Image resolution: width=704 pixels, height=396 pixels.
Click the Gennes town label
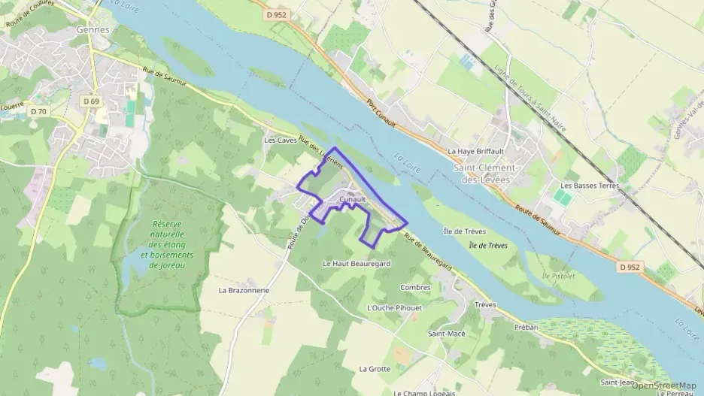[93, 30]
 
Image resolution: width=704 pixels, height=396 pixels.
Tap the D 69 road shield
[91, 101]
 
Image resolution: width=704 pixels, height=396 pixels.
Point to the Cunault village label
[352, 199]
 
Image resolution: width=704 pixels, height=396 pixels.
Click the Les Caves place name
[280, 141]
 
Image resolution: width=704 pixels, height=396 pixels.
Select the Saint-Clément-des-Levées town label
[485, 174]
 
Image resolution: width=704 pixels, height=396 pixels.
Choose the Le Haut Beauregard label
[357, 264]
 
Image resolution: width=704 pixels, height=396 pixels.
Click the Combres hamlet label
[415, 287]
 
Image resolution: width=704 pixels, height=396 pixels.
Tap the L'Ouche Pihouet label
[393, 308]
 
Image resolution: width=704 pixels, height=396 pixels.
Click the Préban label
[527, 327]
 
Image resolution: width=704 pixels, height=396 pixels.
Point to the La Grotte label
[375, 369]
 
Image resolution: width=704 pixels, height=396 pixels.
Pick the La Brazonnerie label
[244, 289]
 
